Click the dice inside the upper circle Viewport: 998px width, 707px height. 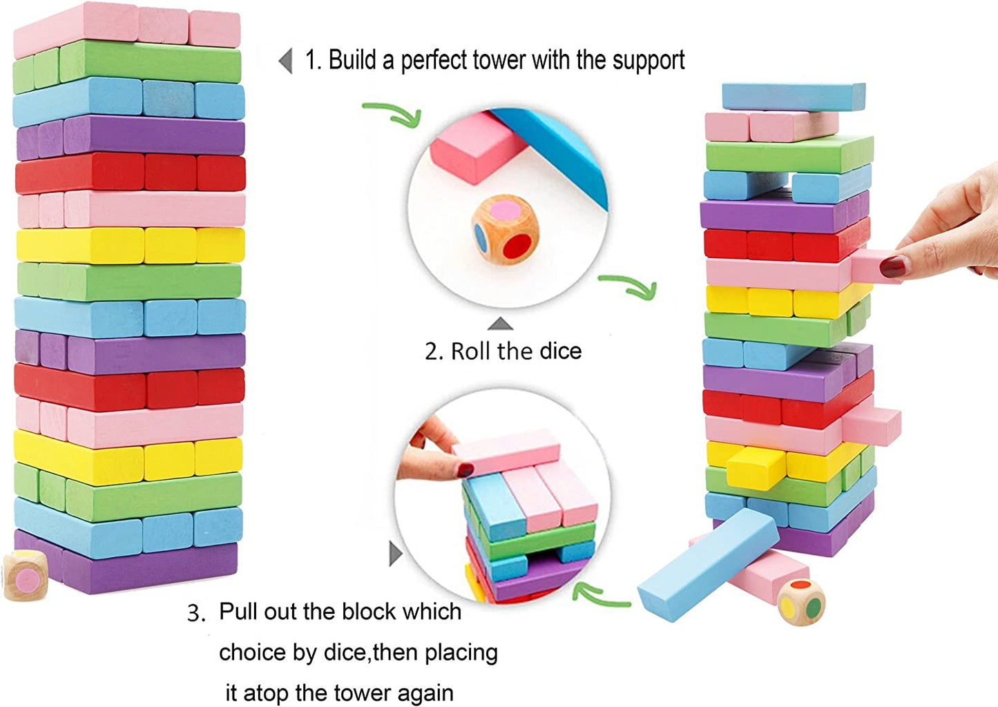coord(506,229)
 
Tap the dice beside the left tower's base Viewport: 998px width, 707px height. coord(26,575)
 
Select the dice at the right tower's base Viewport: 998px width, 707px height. coord(801,601)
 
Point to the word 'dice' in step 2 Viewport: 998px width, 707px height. coord(560,351)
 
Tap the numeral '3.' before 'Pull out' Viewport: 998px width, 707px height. coord(196,613)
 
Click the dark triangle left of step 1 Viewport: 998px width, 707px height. coord(285,61)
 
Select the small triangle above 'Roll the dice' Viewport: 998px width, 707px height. coord(500,324)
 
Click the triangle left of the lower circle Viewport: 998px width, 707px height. coord(395,553)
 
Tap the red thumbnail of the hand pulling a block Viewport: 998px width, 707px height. coord(893,267)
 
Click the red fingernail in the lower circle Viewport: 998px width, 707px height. coord(466,470)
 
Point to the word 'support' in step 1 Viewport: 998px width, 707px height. coord(649,61)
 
